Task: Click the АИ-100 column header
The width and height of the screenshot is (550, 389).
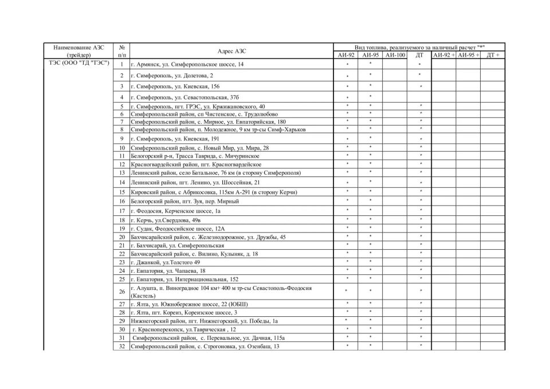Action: (395, 55)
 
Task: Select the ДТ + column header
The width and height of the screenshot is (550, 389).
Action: (492, 55)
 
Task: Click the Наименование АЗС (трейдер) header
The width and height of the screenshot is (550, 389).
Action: (79, 51)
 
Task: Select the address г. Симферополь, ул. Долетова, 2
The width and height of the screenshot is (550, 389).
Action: (172, 76)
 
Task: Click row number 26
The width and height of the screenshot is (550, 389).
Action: (122, 292)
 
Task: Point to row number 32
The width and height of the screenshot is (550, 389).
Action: (122, 347)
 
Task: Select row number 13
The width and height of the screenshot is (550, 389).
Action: (122, 172)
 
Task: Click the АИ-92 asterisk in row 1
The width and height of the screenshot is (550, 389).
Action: (347, 65)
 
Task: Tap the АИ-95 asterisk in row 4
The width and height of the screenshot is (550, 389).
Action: (371, 96)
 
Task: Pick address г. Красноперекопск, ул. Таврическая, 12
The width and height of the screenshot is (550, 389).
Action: (184, 329)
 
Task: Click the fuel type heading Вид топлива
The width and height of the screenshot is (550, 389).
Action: (419, 47)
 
